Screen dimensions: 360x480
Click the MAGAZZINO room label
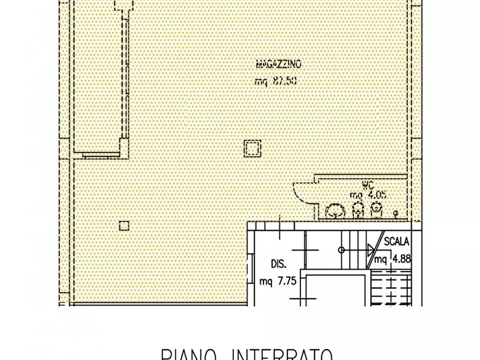pyautogui.click(x=278, y=64)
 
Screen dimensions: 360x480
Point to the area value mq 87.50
pyautogui.click(x=276, y=82)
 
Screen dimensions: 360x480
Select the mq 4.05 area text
pyautogui.click(x=369, y=195)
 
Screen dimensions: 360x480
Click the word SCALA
pyautogui.click(x=397, y=242)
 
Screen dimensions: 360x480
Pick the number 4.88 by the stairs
pyautogui.click(x=401, y=259)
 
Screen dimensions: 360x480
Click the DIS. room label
pyautogui.click(x=278, y=264)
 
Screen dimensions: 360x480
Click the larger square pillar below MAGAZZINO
pyautogui.click(x=252, y=148)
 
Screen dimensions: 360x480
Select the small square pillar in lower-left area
pyautogui.click(x=124, y=225)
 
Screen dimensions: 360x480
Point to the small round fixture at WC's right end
pyautogui.click(x=396, y=213)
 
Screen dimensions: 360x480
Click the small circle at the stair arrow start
pyautogui.click(x=341, y=250)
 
